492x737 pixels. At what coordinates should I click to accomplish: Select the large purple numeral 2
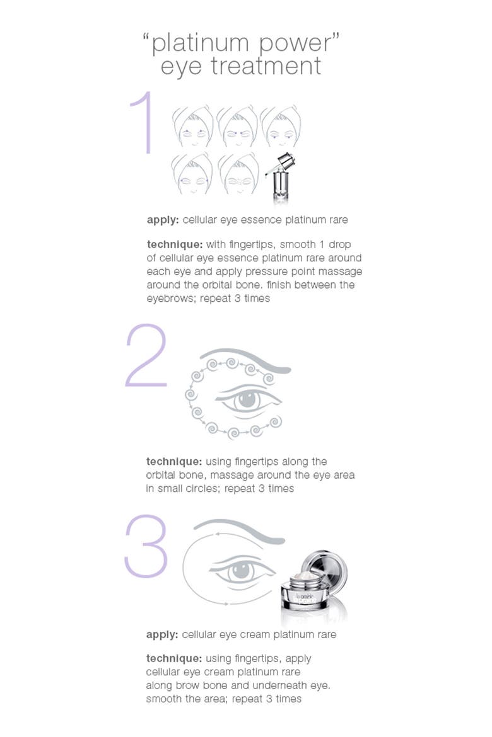click(146, 355)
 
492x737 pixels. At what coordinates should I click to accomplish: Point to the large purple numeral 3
click(146, 546)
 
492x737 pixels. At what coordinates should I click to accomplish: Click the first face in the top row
click(192, 127)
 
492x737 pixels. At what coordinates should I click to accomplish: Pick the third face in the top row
click(281, 127)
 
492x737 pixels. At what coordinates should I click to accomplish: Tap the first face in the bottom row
click(192, 174)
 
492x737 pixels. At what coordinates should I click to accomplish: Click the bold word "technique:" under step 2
click(173, 462)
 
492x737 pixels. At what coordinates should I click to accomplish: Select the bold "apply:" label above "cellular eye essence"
click(163, 220)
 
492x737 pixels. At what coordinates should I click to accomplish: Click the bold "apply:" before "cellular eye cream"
click(162, 634)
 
